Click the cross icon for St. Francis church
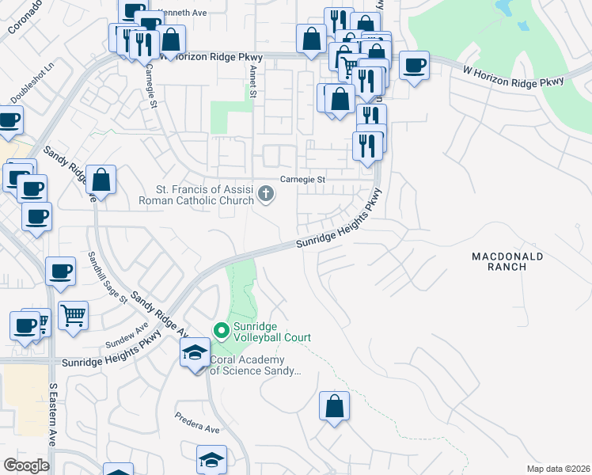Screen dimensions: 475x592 click(267, 193)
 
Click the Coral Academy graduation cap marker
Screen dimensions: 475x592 click(194, 353)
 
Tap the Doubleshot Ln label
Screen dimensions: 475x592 click(31, 83)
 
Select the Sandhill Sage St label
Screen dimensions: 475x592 click(108, 277)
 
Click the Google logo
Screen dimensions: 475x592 click(26, 465)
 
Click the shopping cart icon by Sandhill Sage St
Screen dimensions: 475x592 click(73, 316)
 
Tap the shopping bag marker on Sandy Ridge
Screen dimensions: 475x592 click(101, 179)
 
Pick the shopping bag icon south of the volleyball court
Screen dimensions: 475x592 click(334, 406)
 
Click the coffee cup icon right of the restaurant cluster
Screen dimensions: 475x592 click(414, 65)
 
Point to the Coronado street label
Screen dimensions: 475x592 click(23, 17)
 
